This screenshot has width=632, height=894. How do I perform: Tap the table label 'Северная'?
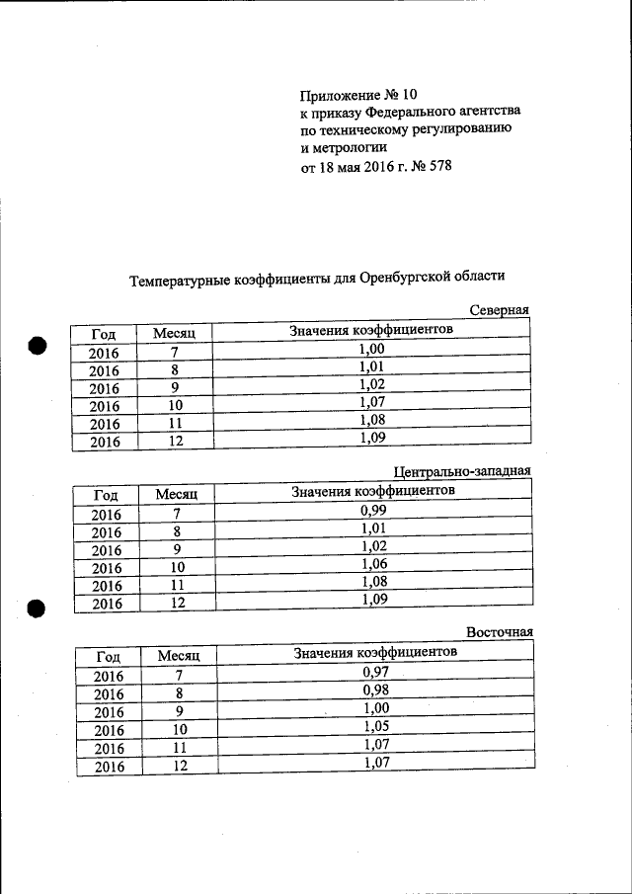[499, 310]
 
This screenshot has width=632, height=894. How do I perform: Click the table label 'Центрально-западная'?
[462, 471]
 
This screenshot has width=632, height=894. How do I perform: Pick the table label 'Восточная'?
[500, 633]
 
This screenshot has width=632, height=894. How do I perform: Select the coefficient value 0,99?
[373, 510]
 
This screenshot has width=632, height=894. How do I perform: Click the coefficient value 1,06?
[373, 564]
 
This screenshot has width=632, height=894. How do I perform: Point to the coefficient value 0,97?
[376, 672]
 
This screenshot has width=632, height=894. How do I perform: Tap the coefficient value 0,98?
[376, 690]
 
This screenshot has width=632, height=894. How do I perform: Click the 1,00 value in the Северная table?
[371, 349]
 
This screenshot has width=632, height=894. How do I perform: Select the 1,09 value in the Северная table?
[371, 438]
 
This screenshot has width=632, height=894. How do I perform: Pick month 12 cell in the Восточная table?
[178, 766]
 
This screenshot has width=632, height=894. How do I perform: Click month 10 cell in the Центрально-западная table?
[177, 568]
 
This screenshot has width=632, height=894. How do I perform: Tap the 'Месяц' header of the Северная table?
[175, 335]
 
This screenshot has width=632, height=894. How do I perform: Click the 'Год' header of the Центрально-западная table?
[106, 495]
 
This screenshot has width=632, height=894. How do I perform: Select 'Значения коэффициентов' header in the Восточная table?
[375, 653]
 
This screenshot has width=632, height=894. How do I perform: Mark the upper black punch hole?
[38, 346]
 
